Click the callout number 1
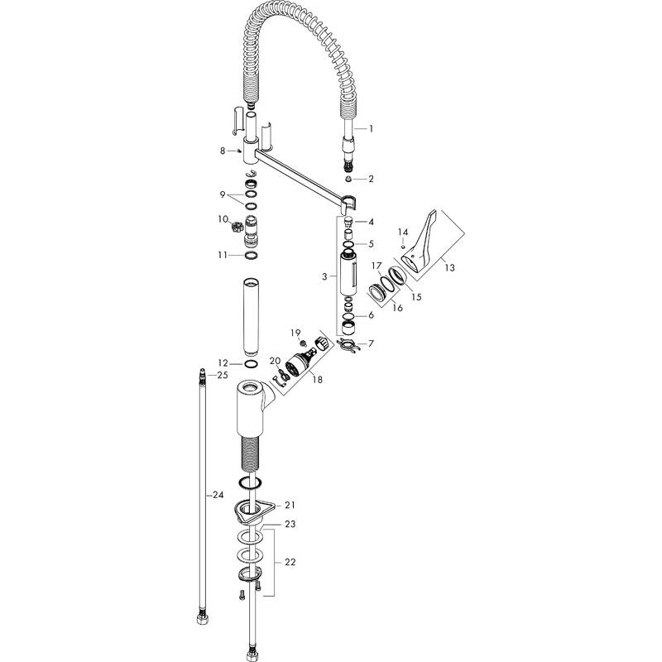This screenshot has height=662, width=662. point(371,128)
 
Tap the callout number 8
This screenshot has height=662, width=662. point(223,151)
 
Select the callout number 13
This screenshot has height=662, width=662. point(449,267)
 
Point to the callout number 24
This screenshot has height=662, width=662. point(218,495)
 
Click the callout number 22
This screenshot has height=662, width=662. point(290,562)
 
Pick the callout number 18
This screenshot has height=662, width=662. point(317,380)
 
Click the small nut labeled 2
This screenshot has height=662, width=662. point(348,179)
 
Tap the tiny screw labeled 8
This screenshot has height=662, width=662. point(239,151)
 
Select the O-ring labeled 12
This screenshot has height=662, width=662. point(251,364)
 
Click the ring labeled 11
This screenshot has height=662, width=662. point(251,256)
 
